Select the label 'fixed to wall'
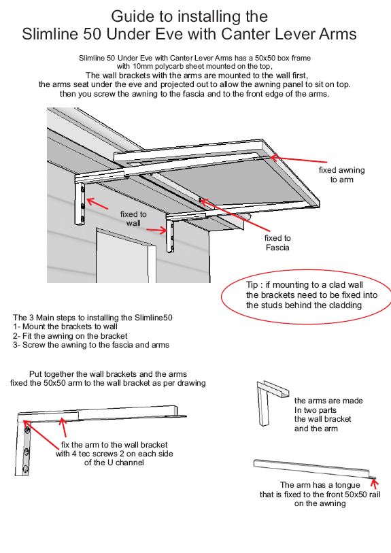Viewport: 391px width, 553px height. [133, 218]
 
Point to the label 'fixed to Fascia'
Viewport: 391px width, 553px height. [277, 243]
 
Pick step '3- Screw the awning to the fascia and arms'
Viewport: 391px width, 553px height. [91, 345]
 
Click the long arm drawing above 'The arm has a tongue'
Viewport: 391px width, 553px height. [313, 468]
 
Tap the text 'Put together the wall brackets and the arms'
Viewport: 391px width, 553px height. [107, 374]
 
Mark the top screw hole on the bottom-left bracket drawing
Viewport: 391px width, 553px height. [27, 431]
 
